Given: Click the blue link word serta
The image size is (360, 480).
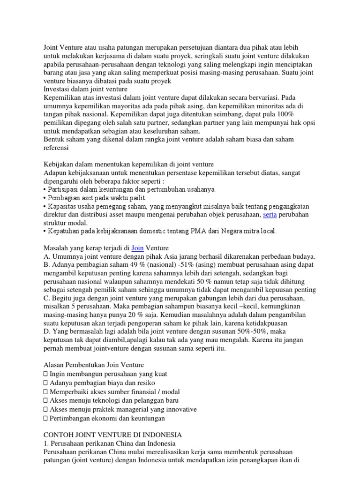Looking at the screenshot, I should pos(270,214).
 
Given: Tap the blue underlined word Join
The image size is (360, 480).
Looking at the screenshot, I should pos(137,247).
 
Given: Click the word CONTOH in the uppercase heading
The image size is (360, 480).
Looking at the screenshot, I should pos(59,435).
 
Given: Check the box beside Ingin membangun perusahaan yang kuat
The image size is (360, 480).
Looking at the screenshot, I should pos(45,374).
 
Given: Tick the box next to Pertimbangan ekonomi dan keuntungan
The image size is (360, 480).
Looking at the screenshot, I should pos(45,418).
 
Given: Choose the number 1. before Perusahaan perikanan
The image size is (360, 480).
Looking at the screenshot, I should pos(45,443).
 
